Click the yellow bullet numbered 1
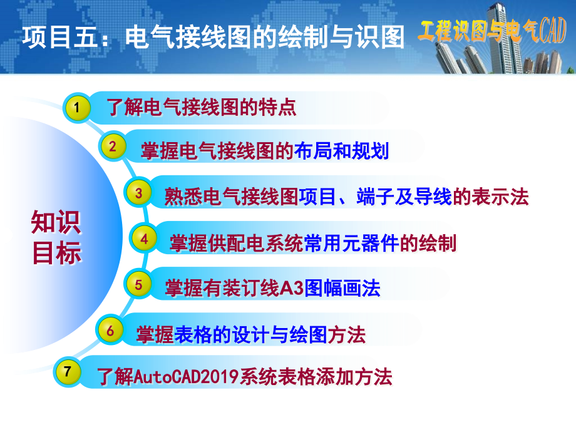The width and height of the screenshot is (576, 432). tap(77, 108)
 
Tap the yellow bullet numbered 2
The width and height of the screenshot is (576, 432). tap(113, 147)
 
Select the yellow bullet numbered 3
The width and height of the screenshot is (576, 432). tap(138, 192)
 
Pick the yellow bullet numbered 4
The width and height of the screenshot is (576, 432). tap(143, 239)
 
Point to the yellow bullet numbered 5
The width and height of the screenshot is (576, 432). tap(138, 284)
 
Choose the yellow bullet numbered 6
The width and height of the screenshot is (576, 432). tap(110, 330)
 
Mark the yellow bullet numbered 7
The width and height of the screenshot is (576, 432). tap(67, 371)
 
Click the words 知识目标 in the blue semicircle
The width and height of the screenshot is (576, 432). tap(56, 237)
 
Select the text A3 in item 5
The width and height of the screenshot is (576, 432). tap(292, 287)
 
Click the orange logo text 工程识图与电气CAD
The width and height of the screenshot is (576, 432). tap(492, 31)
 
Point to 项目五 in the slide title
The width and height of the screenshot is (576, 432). tap(61, 37)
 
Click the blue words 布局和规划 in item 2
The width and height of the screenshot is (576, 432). tap(342, 151)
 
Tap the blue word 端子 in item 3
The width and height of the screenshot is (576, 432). tap(375, 197)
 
